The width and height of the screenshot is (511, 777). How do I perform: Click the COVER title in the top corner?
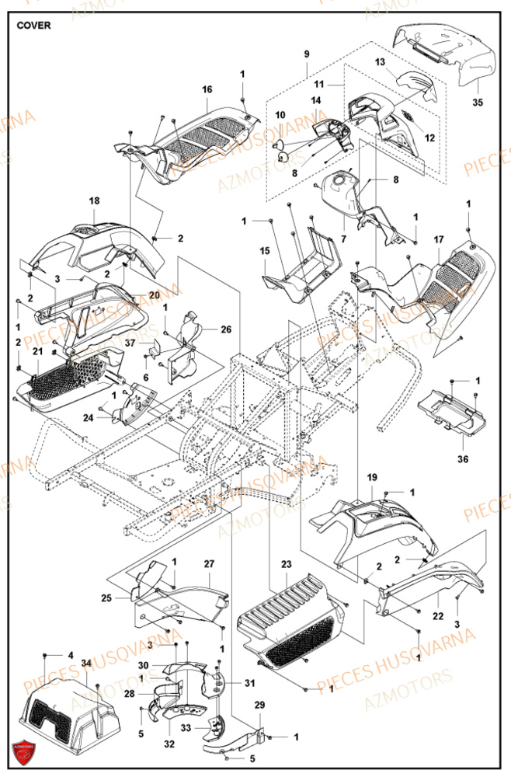33,25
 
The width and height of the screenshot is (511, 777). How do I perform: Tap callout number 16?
207,89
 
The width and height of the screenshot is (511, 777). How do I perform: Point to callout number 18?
94,201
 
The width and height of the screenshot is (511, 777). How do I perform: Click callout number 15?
264,251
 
